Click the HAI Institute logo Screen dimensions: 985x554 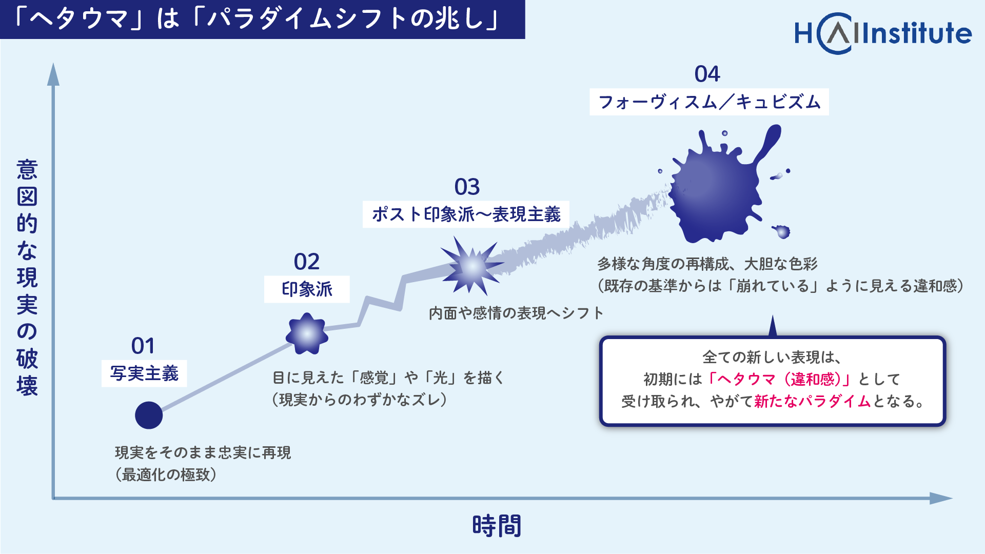[883, 33]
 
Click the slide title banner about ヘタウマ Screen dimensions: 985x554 [263, 19]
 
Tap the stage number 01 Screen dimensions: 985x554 [143, 346]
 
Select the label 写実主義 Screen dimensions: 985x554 [144, 373]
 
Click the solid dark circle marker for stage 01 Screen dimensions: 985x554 [149, 415]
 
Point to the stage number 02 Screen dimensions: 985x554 [307, 262]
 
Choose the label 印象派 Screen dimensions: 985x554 [307, 289]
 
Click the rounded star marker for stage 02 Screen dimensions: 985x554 [307, 334]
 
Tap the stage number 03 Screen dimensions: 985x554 [467, 187]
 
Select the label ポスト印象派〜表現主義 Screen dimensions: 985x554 [466, 214]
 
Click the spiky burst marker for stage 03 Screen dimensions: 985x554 [471, 266]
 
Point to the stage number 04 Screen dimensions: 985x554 [707, 74]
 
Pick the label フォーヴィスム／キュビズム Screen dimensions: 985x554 [709, 102]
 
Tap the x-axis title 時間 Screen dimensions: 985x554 [497, 526]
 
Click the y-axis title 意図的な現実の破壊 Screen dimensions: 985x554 [27, 277]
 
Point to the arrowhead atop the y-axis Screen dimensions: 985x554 [53, 74]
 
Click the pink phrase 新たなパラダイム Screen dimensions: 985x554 [813, 401]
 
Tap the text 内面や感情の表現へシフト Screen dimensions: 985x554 [516, 313]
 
